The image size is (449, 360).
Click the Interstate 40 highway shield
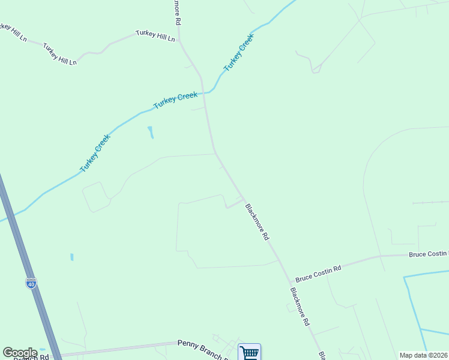tap(31, 283)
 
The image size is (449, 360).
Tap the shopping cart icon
tap(249, 352)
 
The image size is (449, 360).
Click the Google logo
tap(20, 353)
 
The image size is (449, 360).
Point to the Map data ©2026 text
tap(423, 355)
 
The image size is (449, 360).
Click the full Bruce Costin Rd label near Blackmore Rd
tap(318, 274)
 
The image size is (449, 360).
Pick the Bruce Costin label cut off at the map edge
tap(428, 254)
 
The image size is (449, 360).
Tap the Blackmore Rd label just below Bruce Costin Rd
tap(300, 306)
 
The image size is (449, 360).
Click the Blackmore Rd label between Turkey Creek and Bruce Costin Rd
tap(257, 222)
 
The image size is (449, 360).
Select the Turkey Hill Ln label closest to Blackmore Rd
tap(155, 36)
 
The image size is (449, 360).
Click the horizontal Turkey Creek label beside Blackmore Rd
tap(175, 100)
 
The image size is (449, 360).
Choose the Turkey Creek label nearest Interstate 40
tap(95, 152)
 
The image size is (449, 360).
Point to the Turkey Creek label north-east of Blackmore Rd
tap(239, 53)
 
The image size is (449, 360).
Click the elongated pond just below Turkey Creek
tap(150, 132)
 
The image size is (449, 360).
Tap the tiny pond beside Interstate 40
tap(71, 257)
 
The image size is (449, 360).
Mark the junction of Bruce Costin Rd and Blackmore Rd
tap(291, 282)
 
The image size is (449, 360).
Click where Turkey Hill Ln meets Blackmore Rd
tap(180, 41)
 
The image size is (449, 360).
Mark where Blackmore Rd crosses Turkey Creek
tap(205, 94)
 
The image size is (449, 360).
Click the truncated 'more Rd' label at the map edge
tap(178, 12)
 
